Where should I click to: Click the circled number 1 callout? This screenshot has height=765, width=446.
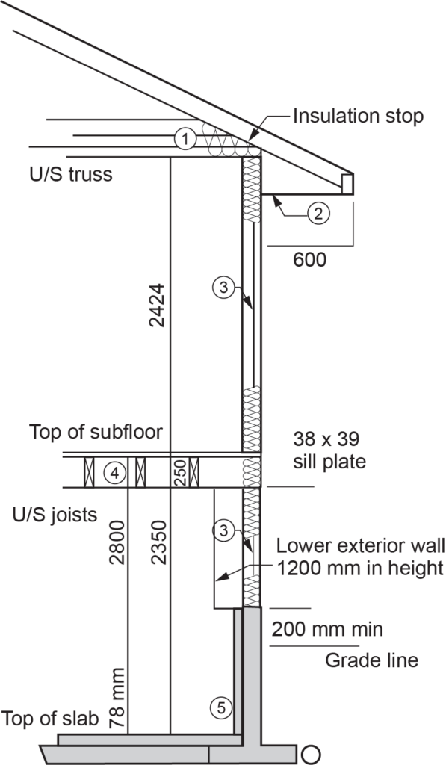click(x=184, y=137)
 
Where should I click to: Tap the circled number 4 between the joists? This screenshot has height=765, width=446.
click(x=114, y=474)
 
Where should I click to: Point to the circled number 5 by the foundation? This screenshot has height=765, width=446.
click(x=218, y=706)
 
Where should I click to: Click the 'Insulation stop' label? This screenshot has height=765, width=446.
click(x=358, y=117)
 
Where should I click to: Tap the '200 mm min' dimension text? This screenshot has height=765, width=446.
click(x=327, y=629)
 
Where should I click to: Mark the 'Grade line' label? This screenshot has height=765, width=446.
click(x=371, y=660)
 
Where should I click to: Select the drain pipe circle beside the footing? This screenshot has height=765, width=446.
click(x=312, y=753)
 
